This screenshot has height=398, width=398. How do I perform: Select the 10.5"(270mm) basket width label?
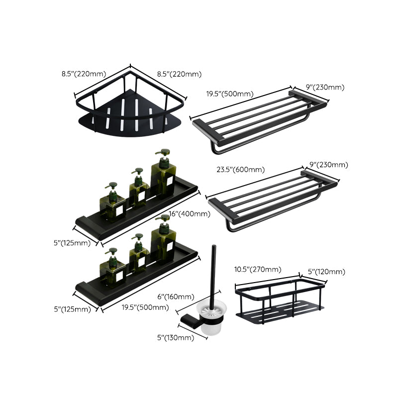pyautogui.click(x=257, y=270)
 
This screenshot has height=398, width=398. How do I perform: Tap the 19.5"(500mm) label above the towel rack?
pyautogui.click(x=230, y=94)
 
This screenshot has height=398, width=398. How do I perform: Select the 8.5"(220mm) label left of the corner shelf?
pyautogui.click(x=84, y=74)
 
